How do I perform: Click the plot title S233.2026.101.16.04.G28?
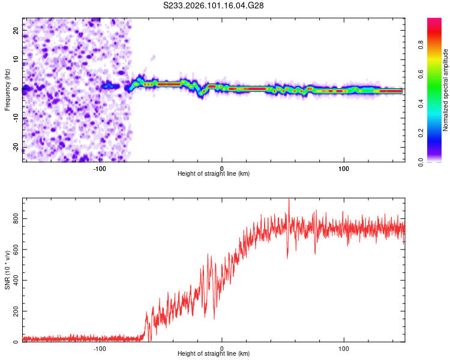(214, 5)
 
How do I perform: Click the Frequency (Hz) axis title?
(8, 89)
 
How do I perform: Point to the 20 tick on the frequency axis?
(16, 29)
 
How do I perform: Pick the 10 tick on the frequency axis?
(16, 59)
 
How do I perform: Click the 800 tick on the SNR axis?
(16, 219)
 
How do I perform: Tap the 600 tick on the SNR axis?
(16, 250)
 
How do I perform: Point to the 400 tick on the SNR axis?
(16, 280)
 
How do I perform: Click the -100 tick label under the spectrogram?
(100, 169)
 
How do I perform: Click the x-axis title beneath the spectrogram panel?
(214, 174)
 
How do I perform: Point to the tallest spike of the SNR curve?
(289, 201)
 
